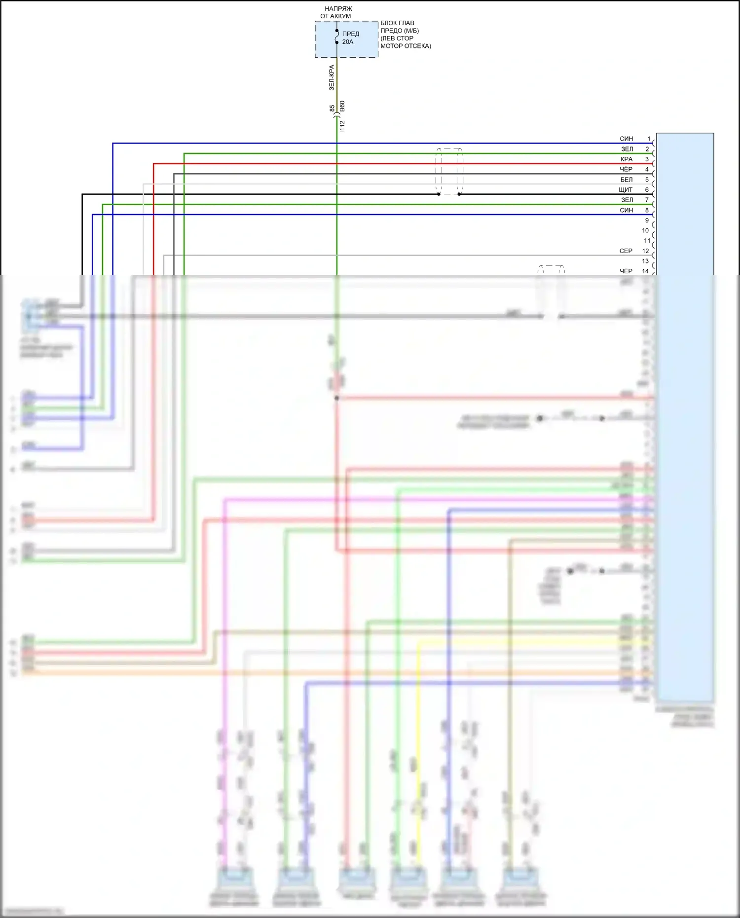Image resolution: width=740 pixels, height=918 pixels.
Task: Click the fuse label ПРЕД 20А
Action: point(350,38)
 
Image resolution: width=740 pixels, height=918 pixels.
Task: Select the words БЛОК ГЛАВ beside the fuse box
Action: point(397,23)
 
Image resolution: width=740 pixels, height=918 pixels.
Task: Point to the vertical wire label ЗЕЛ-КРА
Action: point(332,77)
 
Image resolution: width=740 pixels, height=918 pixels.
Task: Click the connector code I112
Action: point(342,126)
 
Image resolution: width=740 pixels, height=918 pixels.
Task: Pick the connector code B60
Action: point(342,106)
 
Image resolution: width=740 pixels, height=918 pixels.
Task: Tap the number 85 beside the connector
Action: point(332,108)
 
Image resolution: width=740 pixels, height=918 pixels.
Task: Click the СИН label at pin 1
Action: point(626,139)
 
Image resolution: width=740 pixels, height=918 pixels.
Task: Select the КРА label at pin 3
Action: point(626,159)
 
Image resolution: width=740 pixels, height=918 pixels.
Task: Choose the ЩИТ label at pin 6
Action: point(626,190)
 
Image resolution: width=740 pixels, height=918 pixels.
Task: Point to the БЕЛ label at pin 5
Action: point(626,180)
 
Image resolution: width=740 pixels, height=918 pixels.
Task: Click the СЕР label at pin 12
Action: point(626,251)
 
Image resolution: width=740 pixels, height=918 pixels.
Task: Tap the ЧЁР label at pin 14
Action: point(626,271)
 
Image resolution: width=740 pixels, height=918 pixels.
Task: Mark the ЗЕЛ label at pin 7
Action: point(627,200)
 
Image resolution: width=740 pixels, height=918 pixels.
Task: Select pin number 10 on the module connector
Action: point(645,230)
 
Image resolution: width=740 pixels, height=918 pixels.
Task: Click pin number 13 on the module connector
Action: point(645,261)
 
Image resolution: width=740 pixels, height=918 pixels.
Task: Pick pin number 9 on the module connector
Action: point(647,220)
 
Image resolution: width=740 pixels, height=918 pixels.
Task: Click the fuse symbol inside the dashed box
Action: point(337,37)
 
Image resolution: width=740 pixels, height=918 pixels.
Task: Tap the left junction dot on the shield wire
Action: point(439,194)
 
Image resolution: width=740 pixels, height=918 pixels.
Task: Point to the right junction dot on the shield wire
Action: point(459,194)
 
